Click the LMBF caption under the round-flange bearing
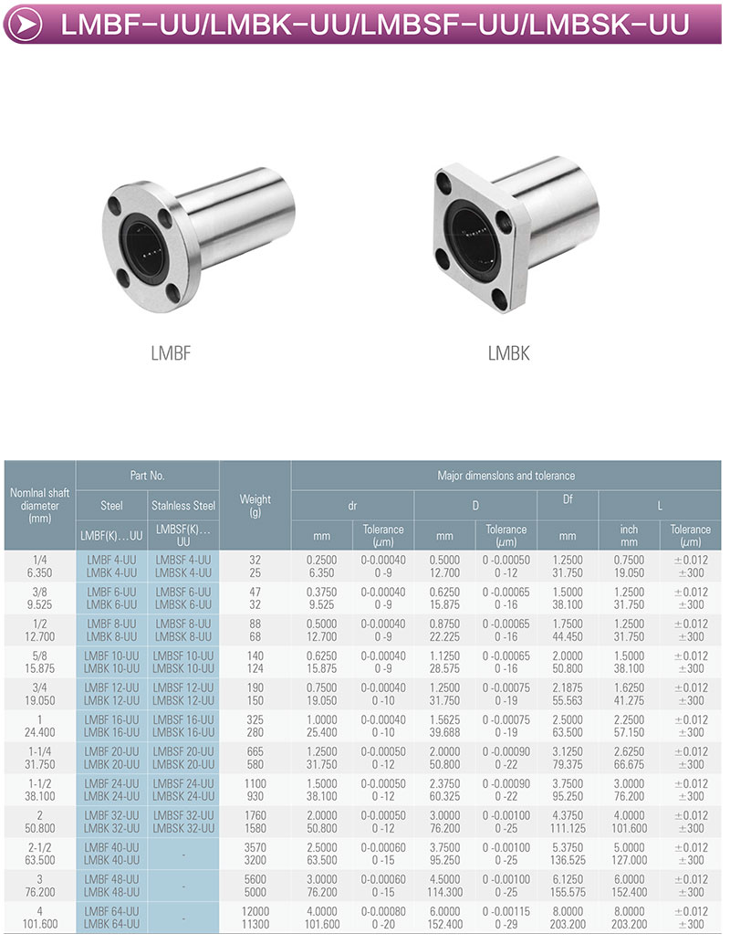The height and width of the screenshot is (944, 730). click(171, 353)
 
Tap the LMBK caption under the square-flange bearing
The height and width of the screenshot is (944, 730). click(508, 353)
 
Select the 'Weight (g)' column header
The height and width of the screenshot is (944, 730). click(255, 505)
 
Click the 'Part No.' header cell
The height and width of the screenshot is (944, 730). click(148, 476)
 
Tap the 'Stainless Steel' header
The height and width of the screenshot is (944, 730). click(183, 506)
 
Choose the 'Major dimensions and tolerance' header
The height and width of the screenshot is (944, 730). click(506, 476)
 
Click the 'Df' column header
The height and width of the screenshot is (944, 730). click(568, 499)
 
